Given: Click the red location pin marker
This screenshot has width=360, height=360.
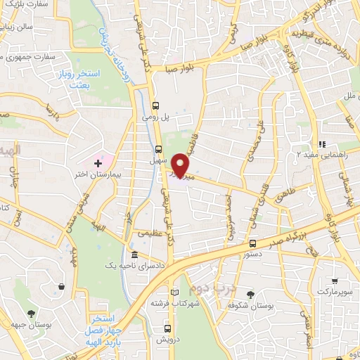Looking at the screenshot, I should (181, 165).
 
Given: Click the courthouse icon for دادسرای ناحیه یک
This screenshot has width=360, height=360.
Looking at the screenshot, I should (134, 254).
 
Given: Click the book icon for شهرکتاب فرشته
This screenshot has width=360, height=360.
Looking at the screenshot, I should (175, 292).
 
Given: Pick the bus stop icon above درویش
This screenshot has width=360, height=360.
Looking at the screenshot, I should (167, 327).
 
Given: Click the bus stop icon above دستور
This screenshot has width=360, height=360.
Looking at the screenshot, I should (252, 243).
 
